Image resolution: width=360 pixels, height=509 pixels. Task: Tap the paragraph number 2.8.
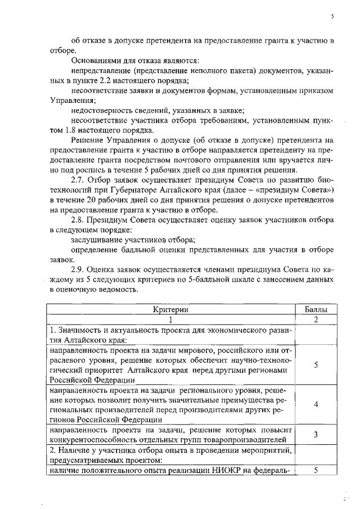(79, 220)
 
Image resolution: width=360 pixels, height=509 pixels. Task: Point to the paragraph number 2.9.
(79, 270)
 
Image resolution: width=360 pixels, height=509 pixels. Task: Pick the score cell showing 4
(316, 404)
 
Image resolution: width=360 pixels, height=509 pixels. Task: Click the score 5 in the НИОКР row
(316, 470)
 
